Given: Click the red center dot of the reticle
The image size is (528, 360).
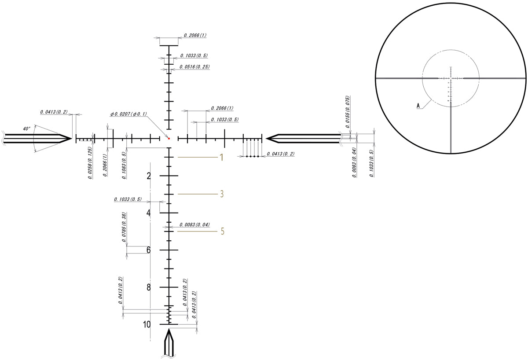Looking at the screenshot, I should [x=169, y=138].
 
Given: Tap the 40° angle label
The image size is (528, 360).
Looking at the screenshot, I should [x=27, y=129].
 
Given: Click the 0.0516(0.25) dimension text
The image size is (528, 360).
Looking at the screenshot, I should [x=194, y=67].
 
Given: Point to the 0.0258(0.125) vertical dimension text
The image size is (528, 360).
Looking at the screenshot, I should [x=90, y=163].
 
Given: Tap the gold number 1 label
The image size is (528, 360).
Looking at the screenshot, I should [x=222, y=157].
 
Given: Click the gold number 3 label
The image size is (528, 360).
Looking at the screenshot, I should [x=222, y=194].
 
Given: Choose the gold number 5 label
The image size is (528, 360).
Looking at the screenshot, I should [x=222, y=231].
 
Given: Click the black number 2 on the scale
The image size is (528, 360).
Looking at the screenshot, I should [x=149, y=176].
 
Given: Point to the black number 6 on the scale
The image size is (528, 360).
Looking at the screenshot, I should [x=149, y=250].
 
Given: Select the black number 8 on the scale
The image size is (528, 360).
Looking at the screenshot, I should [x=149, y=287].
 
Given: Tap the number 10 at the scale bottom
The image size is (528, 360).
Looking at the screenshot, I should [x=147, y=324].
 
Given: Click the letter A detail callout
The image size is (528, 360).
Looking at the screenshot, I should [x=418, y=106].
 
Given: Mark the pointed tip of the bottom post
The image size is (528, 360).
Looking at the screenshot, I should [x=169, y=329].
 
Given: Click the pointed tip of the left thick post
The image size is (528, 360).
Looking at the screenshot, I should [x=72, y=138].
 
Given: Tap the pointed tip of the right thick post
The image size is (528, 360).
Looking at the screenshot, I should [x=266, y=138].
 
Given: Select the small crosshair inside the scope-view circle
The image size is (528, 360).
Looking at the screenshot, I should [x=451, y=78].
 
